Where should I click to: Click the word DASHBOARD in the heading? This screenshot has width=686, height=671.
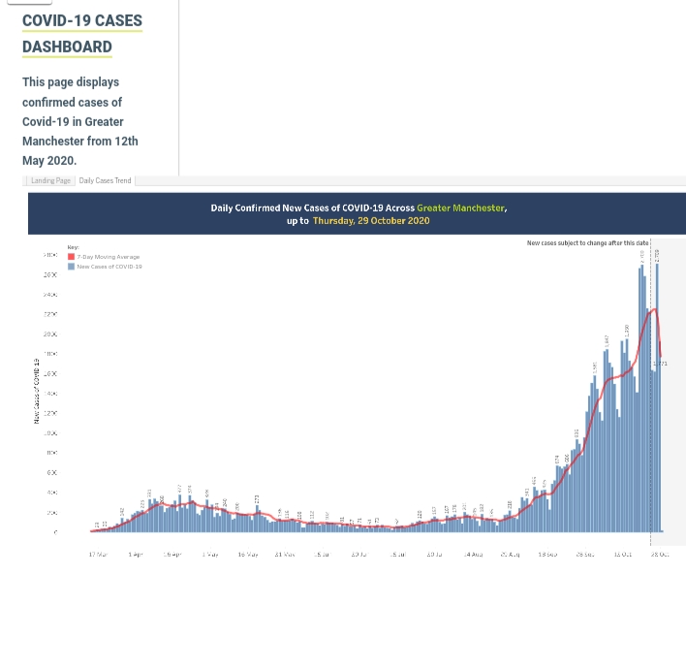[x=67, y=47]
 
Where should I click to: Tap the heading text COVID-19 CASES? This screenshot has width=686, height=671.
[x=82, y=20]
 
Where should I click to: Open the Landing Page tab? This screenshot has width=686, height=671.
[x=50, y=180]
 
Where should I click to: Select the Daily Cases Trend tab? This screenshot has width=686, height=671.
[x=105, y=180]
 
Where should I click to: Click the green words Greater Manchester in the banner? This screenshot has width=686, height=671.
[x=461, y=208]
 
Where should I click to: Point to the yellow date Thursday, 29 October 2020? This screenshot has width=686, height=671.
[x=371, y=221]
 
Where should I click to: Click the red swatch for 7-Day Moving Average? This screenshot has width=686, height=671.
[x=72, y=257]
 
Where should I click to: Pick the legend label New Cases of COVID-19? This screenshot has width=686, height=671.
[x=109, y=266]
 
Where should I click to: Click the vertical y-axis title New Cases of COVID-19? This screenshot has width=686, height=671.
[x=37, y=389]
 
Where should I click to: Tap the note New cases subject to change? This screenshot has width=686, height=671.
[x=587, y=242]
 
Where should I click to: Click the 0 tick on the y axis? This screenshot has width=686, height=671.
[x=55, y=532]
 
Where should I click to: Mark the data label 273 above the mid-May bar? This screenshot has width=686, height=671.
[x=258, y=498]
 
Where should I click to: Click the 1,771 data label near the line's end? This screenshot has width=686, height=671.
[x=660, y=364]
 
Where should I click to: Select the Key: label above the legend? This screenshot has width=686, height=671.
[x=72, y=248]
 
